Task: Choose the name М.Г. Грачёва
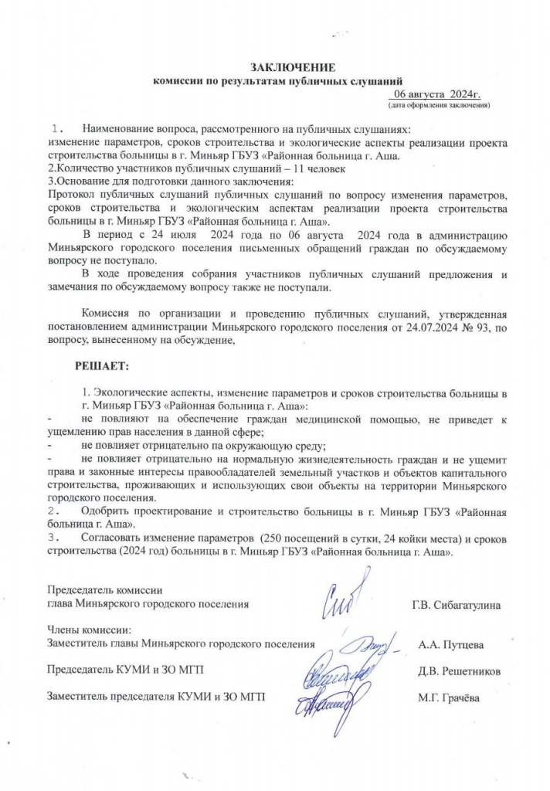448,698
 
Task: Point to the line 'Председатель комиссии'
102,590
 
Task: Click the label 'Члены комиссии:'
89,629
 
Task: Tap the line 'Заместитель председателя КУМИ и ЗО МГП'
155,698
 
